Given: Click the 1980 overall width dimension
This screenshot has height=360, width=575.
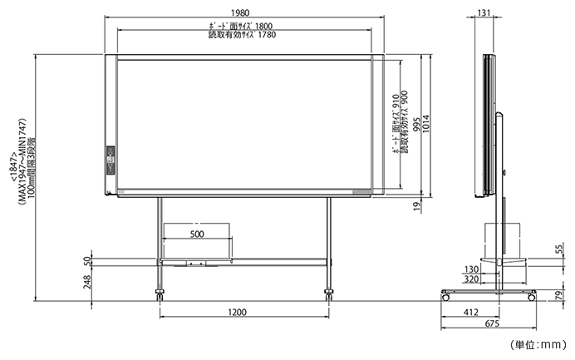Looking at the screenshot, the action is (x=240, y=12).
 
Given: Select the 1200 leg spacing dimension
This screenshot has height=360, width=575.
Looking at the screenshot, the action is (x=238, y=313).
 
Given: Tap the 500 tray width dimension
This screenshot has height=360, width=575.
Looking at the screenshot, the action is (x=197, y=234).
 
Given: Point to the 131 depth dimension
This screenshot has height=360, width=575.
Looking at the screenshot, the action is (x=484, y=12).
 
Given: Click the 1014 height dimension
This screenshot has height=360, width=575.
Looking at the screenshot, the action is (x=425, y=124).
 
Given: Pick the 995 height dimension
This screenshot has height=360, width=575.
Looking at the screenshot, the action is (x=416, y=126).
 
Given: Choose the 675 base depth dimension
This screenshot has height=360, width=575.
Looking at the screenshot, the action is (x=492, y=323).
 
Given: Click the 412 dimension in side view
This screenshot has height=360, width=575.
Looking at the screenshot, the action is (x=471, y=313).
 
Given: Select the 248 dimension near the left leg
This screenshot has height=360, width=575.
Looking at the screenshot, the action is (x=87, y=282).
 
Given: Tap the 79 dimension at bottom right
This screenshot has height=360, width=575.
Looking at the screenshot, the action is (x=559, y=295).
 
